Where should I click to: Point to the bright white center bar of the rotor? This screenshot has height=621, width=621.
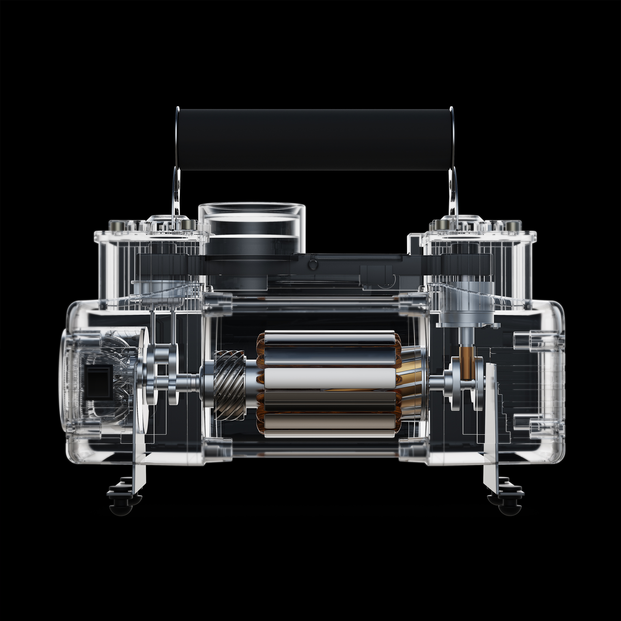329,378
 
